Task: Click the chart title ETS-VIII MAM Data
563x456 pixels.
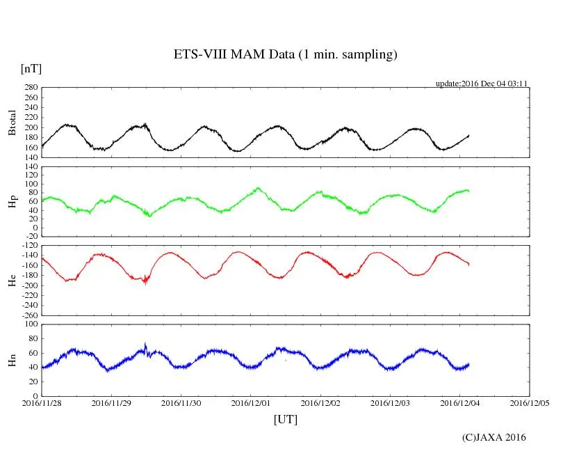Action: click(x=285, y=55)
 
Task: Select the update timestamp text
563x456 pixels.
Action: click(x=482, y=84)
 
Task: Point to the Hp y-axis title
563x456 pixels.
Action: click(x=13, y=201)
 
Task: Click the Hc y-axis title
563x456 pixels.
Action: click(x=13, y=280)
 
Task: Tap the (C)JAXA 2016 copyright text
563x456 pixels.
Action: click(x=494, y=437)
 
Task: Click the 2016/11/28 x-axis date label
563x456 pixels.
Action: click(x=42, y=402)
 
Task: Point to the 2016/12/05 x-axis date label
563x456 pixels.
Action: click(x=530, y=402)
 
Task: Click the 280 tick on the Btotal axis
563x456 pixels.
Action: click(x=31, y=88)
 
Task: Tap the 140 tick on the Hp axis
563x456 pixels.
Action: click(x=31, y=167)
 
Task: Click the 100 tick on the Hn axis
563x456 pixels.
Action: click(x=31, y=324)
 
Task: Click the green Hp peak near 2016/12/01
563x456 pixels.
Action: click(x=259, y=187)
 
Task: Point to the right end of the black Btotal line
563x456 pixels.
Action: click(x=469, y=135)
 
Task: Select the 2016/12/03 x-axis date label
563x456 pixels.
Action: click(x=390, y=402)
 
